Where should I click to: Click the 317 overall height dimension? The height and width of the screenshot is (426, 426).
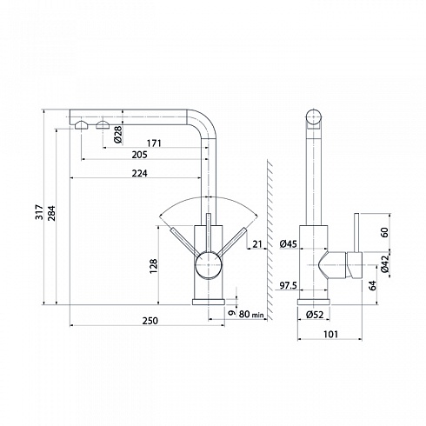[x=39, y=212]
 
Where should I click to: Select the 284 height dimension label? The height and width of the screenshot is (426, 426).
[x=51, y=213]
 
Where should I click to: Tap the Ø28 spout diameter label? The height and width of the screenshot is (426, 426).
[x=118, y=135]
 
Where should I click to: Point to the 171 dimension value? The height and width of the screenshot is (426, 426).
[x=154, y=143]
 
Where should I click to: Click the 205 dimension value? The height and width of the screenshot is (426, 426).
[x=139, y=155]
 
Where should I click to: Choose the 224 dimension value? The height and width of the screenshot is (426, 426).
[x=139, y=173]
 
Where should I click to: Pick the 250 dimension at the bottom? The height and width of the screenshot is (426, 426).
[x=150, y=321]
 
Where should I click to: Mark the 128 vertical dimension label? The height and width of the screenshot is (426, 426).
[x=153, y=266]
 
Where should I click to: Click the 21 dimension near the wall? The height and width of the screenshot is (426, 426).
[x=257, y=244]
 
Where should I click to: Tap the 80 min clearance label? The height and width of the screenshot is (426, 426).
[x=251, y=314]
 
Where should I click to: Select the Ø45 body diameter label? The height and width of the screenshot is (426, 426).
[x=289, y=244]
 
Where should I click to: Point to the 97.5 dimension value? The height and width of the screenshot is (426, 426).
[x=288, y=286]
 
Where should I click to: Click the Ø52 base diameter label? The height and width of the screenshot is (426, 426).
[x=314, y=315]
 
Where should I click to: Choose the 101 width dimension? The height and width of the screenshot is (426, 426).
[x=330, y=335]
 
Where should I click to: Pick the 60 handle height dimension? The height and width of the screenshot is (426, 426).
[x=384, y=232]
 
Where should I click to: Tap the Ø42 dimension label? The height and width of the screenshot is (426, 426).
[x=385, y=264]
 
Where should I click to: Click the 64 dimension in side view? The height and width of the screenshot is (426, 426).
[x=373, y=285]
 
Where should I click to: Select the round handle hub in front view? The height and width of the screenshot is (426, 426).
[x=209, y=265]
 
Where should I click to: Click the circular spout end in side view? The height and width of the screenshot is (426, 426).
[x=314, y=117]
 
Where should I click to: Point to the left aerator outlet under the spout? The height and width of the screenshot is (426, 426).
[x=81, y=125]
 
